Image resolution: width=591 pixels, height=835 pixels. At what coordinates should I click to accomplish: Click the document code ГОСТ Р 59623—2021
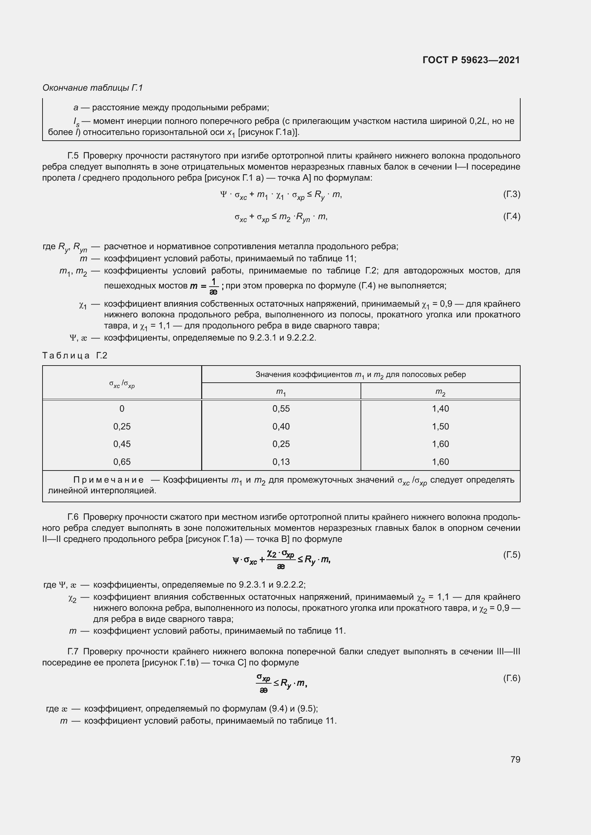471,60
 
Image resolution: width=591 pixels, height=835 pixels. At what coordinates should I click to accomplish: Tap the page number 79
515,759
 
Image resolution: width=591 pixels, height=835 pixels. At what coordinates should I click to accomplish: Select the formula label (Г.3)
511,194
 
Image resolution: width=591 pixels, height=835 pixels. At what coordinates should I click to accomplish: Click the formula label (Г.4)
511,216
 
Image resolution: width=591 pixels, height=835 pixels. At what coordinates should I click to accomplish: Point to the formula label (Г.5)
511,555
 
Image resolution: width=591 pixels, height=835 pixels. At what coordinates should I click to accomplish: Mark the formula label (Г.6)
511,678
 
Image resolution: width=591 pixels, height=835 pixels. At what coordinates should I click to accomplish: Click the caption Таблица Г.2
75,355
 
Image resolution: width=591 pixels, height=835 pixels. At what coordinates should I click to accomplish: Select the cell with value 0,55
281,408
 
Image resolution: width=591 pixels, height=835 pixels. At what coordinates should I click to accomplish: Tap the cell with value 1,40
440,408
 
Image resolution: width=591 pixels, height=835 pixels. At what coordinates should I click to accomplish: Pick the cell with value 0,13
281,462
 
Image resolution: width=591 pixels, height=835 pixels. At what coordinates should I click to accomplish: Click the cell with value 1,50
440,426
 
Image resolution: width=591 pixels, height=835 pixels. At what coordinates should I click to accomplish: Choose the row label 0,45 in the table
122,444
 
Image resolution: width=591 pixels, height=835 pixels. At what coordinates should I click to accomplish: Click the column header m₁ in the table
281,392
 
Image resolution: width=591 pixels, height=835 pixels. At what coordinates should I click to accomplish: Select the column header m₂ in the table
440,392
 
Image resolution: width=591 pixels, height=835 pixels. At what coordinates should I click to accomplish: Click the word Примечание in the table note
109,480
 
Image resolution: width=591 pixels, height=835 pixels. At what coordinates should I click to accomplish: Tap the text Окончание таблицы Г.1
93,88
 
